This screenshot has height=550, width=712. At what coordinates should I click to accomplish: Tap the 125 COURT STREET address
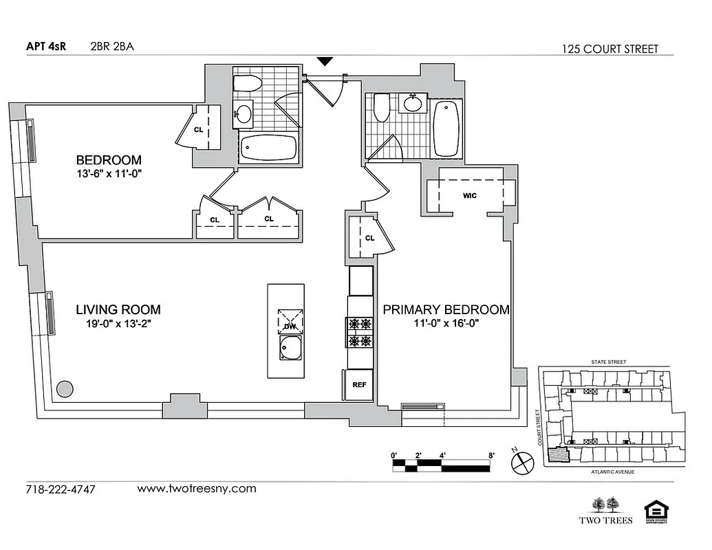pyautogui.click(x=609, y=49)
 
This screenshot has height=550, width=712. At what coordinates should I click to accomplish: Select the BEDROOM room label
pyautogui.click(x=109, y=160)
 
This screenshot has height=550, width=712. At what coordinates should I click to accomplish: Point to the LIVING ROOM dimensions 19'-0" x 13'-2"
pyautogui.click(x=113, y=324)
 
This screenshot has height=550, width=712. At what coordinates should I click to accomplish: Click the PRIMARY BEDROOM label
pyautogui.click(x=446, y=309)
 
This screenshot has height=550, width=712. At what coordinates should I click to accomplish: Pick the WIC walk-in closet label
pyautogui.click(x=470, y=195)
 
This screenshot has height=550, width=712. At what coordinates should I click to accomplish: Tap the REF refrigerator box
pyautogui.click(x=358, y=385)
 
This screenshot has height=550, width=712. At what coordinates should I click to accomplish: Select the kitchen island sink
pyautogui.click(x=290, y=348)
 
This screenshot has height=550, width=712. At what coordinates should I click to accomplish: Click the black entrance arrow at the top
pyautogui.click(x=325, y=63)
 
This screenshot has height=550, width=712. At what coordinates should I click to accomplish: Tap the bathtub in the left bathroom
pyautogui.click(x=268, y=147)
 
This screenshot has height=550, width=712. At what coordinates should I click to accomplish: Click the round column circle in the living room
pyautogui.click(x=64, y=389)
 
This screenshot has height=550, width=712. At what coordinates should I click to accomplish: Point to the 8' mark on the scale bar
pyautogui.click(x=490, y=454)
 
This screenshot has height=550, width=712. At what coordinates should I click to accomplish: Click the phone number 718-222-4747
pyautogui.click(x=60, y=489)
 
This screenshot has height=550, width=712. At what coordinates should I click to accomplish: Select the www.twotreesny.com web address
pyautogui.click(x=197, y=489)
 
